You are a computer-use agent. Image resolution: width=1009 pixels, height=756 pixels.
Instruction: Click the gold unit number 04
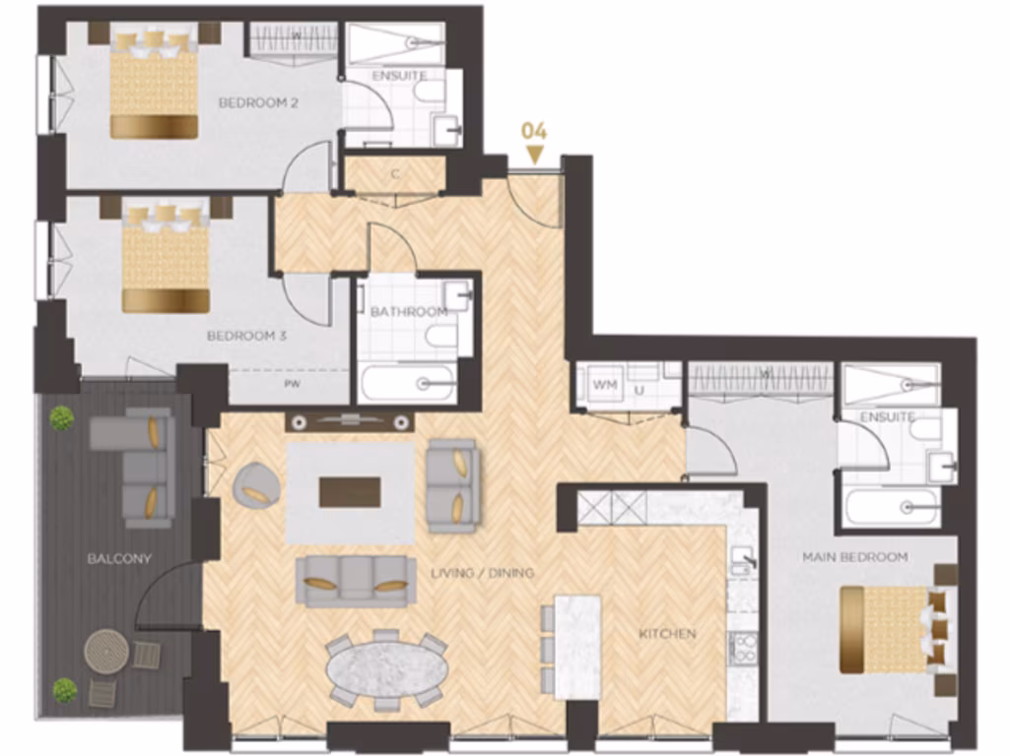click(x=534, y=131)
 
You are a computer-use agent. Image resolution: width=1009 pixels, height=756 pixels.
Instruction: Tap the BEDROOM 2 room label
click(x=258, y=102)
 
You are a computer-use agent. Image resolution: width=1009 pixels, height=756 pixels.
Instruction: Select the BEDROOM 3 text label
click(x=246, y=336)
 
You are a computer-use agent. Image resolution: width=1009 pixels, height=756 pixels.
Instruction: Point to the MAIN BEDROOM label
click(x=854, y=557)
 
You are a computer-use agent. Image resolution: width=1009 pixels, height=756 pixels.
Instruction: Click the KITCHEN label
click(x=666, y=633)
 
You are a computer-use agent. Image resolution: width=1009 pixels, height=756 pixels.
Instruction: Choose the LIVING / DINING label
click(x=482, y=573)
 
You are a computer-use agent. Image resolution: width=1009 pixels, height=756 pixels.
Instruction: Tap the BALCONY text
click(x=119, y=558)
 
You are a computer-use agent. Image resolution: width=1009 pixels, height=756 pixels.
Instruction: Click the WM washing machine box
click(x=604, y=385)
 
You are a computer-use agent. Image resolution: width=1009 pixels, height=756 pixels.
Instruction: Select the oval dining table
click(x=386, y=669)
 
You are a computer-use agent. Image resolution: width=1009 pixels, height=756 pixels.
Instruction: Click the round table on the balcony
click(x=106, y=651)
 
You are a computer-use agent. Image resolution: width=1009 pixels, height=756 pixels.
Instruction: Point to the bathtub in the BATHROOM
click(x=408, y=383)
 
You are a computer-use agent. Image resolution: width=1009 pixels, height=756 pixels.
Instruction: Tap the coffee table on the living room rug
click(x=350, y=491)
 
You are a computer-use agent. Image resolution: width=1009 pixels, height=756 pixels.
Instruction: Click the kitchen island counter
click(x=577, y=646)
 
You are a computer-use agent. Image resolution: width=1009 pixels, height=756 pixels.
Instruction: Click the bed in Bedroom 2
click(x=154, y=85)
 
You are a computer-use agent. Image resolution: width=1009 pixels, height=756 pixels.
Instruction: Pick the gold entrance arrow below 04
click(x=534, y=155)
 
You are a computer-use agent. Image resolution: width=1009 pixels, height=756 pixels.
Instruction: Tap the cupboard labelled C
click(x=394, y=175)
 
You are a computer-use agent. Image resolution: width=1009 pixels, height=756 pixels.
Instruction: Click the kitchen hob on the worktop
click(x=742, y=649)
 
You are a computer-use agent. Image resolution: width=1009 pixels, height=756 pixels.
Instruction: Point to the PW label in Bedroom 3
click(x=292, y=385)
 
